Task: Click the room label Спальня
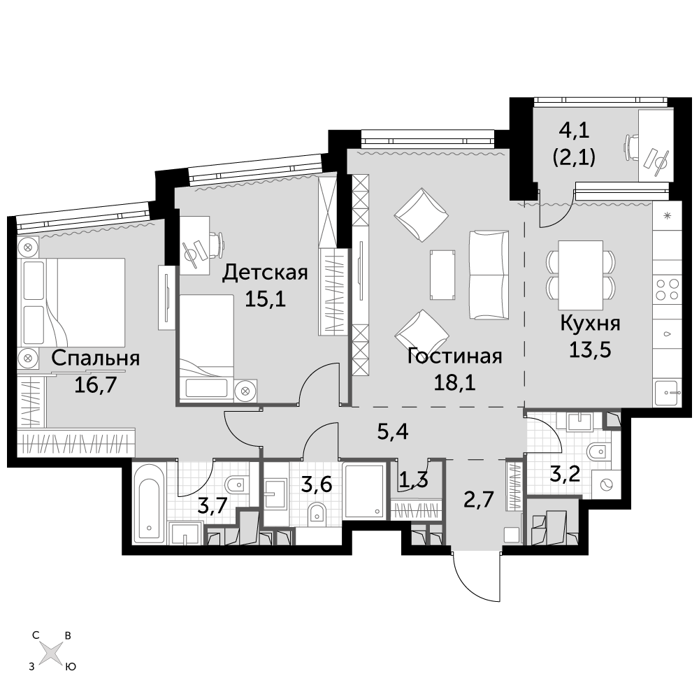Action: point(95,359)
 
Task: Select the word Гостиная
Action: point(455,356)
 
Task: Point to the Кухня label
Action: point(590,324)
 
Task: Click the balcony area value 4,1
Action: point(574,131)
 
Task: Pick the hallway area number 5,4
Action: point(393,432)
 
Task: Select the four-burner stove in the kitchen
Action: point(668,289)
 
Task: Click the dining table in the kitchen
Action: point(581,275)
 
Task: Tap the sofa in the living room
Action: point(489,275)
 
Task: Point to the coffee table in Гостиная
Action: point(442,275)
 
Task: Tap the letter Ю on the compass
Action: point(71,668)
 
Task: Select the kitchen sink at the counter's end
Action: point(668,393)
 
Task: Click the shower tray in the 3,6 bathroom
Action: point(365,491)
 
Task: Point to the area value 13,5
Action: point(590,350)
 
